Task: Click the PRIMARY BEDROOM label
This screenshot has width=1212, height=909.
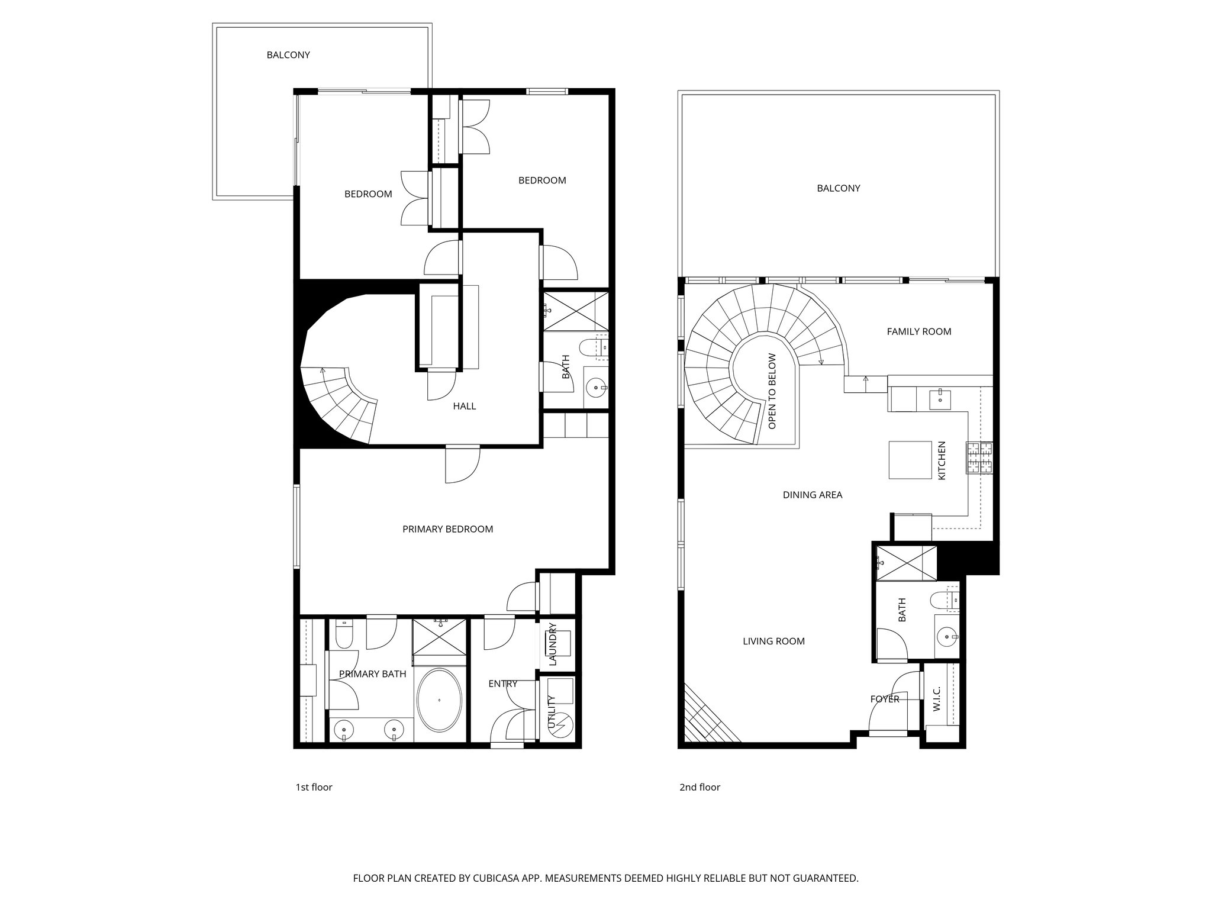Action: [447, 529]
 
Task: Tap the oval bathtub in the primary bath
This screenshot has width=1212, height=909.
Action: [439, 701]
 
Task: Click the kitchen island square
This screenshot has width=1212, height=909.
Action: [910, 459]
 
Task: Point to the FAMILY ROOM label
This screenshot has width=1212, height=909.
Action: [918, 331]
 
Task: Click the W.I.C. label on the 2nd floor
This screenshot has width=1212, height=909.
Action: [936, 699]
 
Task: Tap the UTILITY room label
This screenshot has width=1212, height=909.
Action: [552, 713]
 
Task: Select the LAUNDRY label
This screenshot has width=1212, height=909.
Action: [553, 644]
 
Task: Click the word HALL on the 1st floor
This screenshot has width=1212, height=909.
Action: [464, 406]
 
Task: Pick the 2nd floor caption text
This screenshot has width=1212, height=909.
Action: [700, 787]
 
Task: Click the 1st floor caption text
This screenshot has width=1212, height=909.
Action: [314, 787]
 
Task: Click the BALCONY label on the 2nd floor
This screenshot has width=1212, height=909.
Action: [838, 188]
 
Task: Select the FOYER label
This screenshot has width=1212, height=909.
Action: [884, 699]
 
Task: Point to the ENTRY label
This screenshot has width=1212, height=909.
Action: [502, 684]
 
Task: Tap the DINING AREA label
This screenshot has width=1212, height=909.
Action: [812, 495]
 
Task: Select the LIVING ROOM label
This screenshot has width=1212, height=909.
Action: [773, 641]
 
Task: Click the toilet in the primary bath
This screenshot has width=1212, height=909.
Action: [343, 634]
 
